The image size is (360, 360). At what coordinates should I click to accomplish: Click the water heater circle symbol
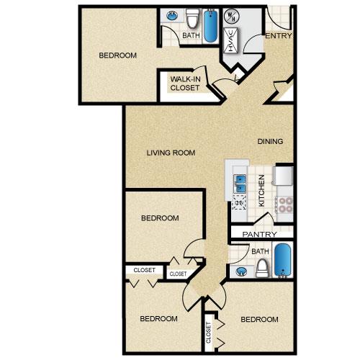pyautogui.click(x=230, y=17)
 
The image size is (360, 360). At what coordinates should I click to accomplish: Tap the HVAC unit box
pyautogui.click(x=230, y=40)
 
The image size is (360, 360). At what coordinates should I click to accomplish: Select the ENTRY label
pyautogui.click(x=279, y=36)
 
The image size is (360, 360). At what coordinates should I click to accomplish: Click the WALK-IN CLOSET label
pyautogui.click(x=185, y=84)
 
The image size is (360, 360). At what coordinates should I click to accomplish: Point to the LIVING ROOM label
pyautogui.click(x=171, y=153)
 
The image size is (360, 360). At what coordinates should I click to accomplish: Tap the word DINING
pyautogui.click(x=270, y=141)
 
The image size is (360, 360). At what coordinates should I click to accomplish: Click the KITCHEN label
pyautogui.click(x=261, y=191)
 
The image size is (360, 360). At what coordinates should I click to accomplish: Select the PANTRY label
pyautogui.click(x=259, y=234)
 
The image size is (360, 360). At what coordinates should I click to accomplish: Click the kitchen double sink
pyautogui.click(x=240, y=184)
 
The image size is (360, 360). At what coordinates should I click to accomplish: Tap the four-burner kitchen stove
pyautogui.click(x=285, y=204)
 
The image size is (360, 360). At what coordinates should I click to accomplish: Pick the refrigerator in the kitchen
pyautogui.click(x=284, y=176)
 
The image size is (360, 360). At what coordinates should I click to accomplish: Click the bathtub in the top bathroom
pyautogui.click(x=210, y=26)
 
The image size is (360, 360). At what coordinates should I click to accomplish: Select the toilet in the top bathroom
pyautogui.click(x=193, y=18)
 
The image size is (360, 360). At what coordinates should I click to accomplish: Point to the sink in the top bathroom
pyautogui.click(x=172, y=16)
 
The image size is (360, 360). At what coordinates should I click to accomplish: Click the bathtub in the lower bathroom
pyautogui.click(x=283, y=260)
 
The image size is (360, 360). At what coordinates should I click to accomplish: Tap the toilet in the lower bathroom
pyautogui.click(x=262, y=269)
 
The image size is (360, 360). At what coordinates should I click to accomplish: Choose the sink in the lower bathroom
pyautogui.click(x=241, y=271)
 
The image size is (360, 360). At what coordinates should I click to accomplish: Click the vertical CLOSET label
pyautogui.click(x=208, y=333)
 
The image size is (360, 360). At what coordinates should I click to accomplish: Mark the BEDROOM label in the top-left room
pyautogui.click(x=117, y=55)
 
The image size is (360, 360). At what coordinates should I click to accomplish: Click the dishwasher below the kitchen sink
pyautogui.click(x=239, y=202)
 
